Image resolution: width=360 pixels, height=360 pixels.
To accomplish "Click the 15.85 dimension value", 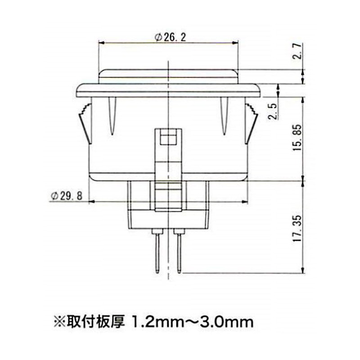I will tap(297, 139).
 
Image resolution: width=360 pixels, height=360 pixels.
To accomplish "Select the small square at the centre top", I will tap(168, 139).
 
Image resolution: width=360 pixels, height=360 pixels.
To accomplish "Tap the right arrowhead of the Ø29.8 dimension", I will tap(246, 201).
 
